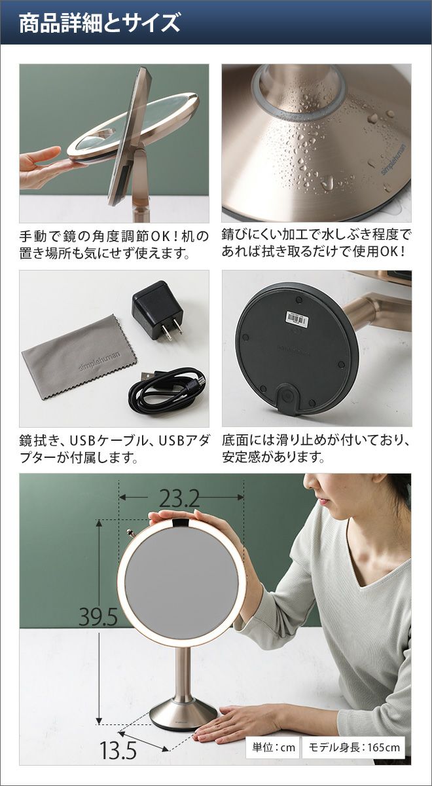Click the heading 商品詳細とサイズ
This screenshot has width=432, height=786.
[x=99, y=24]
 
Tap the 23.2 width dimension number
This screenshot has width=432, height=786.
[x=179, y=497]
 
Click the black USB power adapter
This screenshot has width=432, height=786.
[x=158, y=310]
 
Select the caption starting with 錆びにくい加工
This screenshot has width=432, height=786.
[x=315, y=243]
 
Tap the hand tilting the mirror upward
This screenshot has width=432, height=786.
[x=46, y=168]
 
